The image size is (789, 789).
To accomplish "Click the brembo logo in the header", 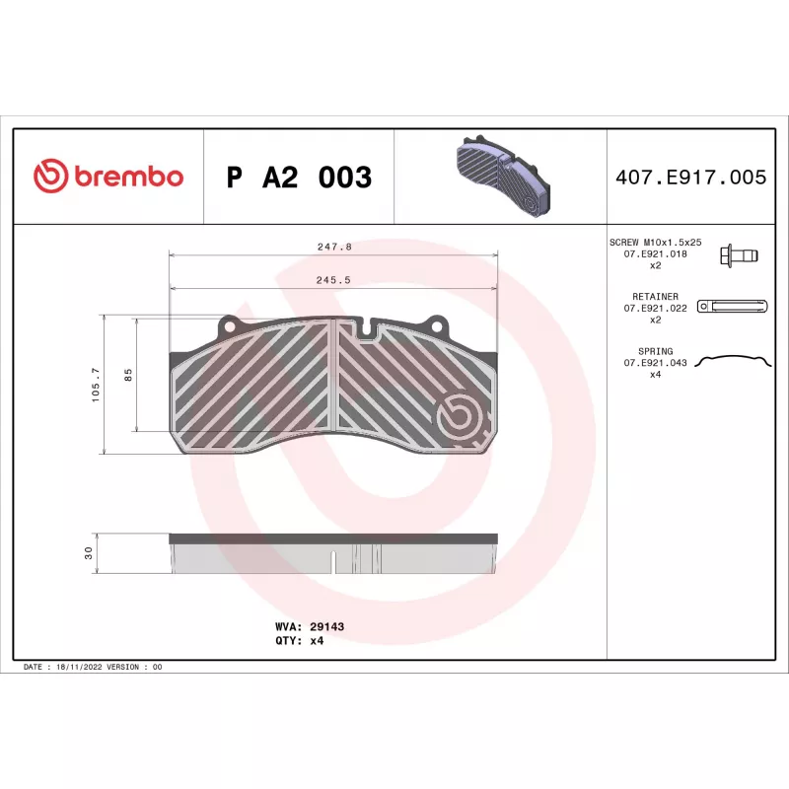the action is (108, 176).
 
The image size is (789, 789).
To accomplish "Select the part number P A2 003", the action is (299, 178).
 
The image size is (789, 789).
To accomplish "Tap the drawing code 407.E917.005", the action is (691, 178).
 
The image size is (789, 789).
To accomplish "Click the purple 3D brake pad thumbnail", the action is (503, 176).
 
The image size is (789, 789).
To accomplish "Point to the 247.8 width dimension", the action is (334, 248).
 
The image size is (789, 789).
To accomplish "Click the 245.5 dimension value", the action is (333, 280).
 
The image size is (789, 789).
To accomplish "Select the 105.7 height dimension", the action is (96, 385).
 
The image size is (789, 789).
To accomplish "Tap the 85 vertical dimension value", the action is (128, 375).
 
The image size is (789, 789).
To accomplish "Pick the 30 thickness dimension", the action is (89, 553).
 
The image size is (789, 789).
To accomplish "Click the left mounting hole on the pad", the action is (229, 326).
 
